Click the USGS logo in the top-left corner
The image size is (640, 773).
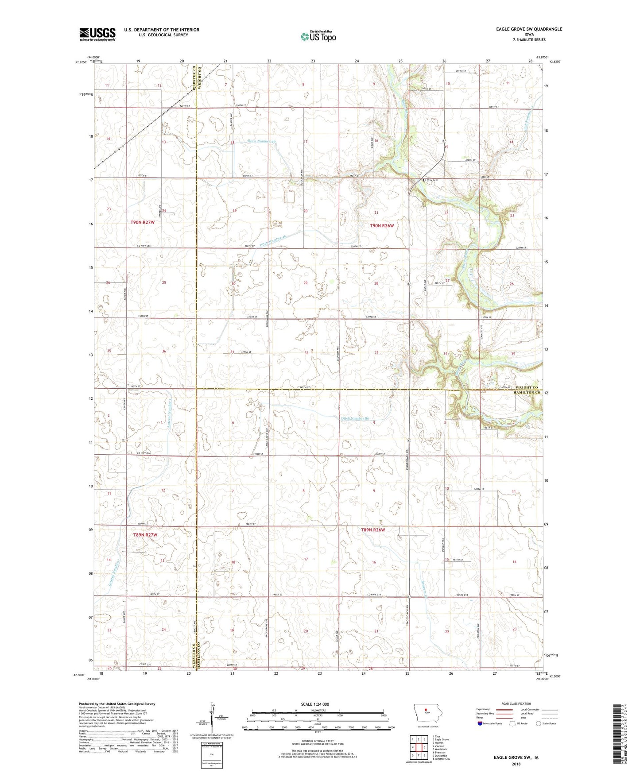(97, 34)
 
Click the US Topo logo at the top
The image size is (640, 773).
(318, 36)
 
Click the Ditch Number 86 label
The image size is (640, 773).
(355, 418)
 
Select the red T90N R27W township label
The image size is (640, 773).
(143, 222)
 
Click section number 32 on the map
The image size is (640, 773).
(306, 353)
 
